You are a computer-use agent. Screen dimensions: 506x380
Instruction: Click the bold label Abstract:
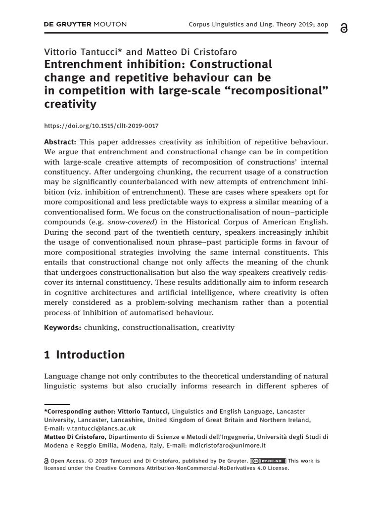pyautogui.click(x=60, y=141)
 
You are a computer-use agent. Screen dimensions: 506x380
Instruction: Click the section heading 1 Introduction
pyautogui.click(x=85, y=355)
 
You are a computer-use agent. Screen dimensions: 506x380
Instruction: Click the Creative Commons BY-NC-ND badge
pyautogui.click(x=268, y=461)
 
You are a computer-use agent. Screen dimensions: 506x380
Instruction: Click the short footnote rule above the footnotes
pyautogui.click(x=56, y=403)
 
